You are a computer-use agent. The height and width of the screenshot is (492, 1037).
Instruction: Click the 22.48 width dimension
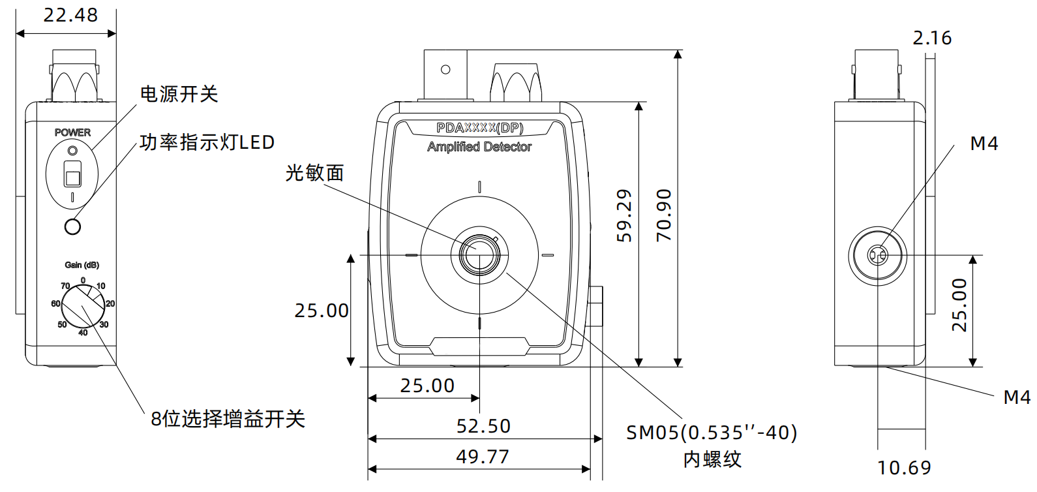click(x=70, y=15)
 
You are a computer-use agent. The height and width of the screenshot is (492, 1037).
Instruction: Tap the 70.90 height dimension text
click(x=664, y=215)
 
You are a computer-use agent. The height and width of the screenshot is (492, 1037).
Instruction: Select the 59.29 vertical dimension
click(x=624, y=215)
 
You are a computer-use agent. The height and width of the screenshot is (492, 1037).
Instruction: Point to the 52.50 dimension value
click(x=483, y=426)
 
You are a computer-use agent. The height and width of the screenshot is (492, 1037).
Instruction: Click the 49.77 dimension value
click(x=482, y=456)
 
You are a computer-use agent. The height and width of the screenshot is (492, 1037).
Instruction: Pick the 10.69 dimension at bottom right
click(x=904, y=468)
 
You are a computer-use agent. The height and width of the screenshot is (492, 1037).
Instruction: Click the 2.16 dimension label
click(x=932, y=38)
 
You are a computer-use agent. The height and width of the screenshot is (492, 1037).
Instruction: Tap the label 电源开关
click(x=179, y=94)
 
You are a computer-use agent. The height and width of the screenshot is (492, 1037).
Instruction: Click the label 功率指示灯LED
click(x=207, y=142)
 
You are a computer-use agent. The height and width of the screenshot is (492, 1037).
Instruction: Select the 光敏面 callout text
click(x=314, y=173)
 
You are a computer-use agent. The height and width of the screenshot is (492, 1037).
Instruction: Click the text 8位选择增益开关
click(x=228, y=418)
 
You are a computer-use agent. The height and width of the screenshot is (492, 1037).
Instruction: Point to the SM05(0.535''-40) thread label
click(x=712, y=433)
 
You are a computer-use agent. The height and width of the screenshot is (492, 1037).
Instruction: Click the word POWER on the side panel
click(x=72, y=132)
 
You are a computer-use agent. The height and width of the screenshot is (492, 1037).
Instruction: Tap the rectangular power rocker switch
click(x=72, y=175)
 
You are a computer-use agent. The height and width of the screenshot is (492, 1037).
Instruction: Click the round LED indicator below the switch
click(x=73, y=226)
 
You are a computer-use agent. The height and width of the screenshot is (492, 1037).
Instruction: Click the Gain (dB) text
click(x=82, y=265)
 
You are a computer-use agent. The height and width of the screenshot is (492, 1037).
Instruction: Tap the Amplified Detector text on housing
click(x=479, y=147)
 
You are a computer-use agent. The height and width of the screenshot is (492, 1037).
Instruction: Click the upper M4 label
click(x=984, y=144)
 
